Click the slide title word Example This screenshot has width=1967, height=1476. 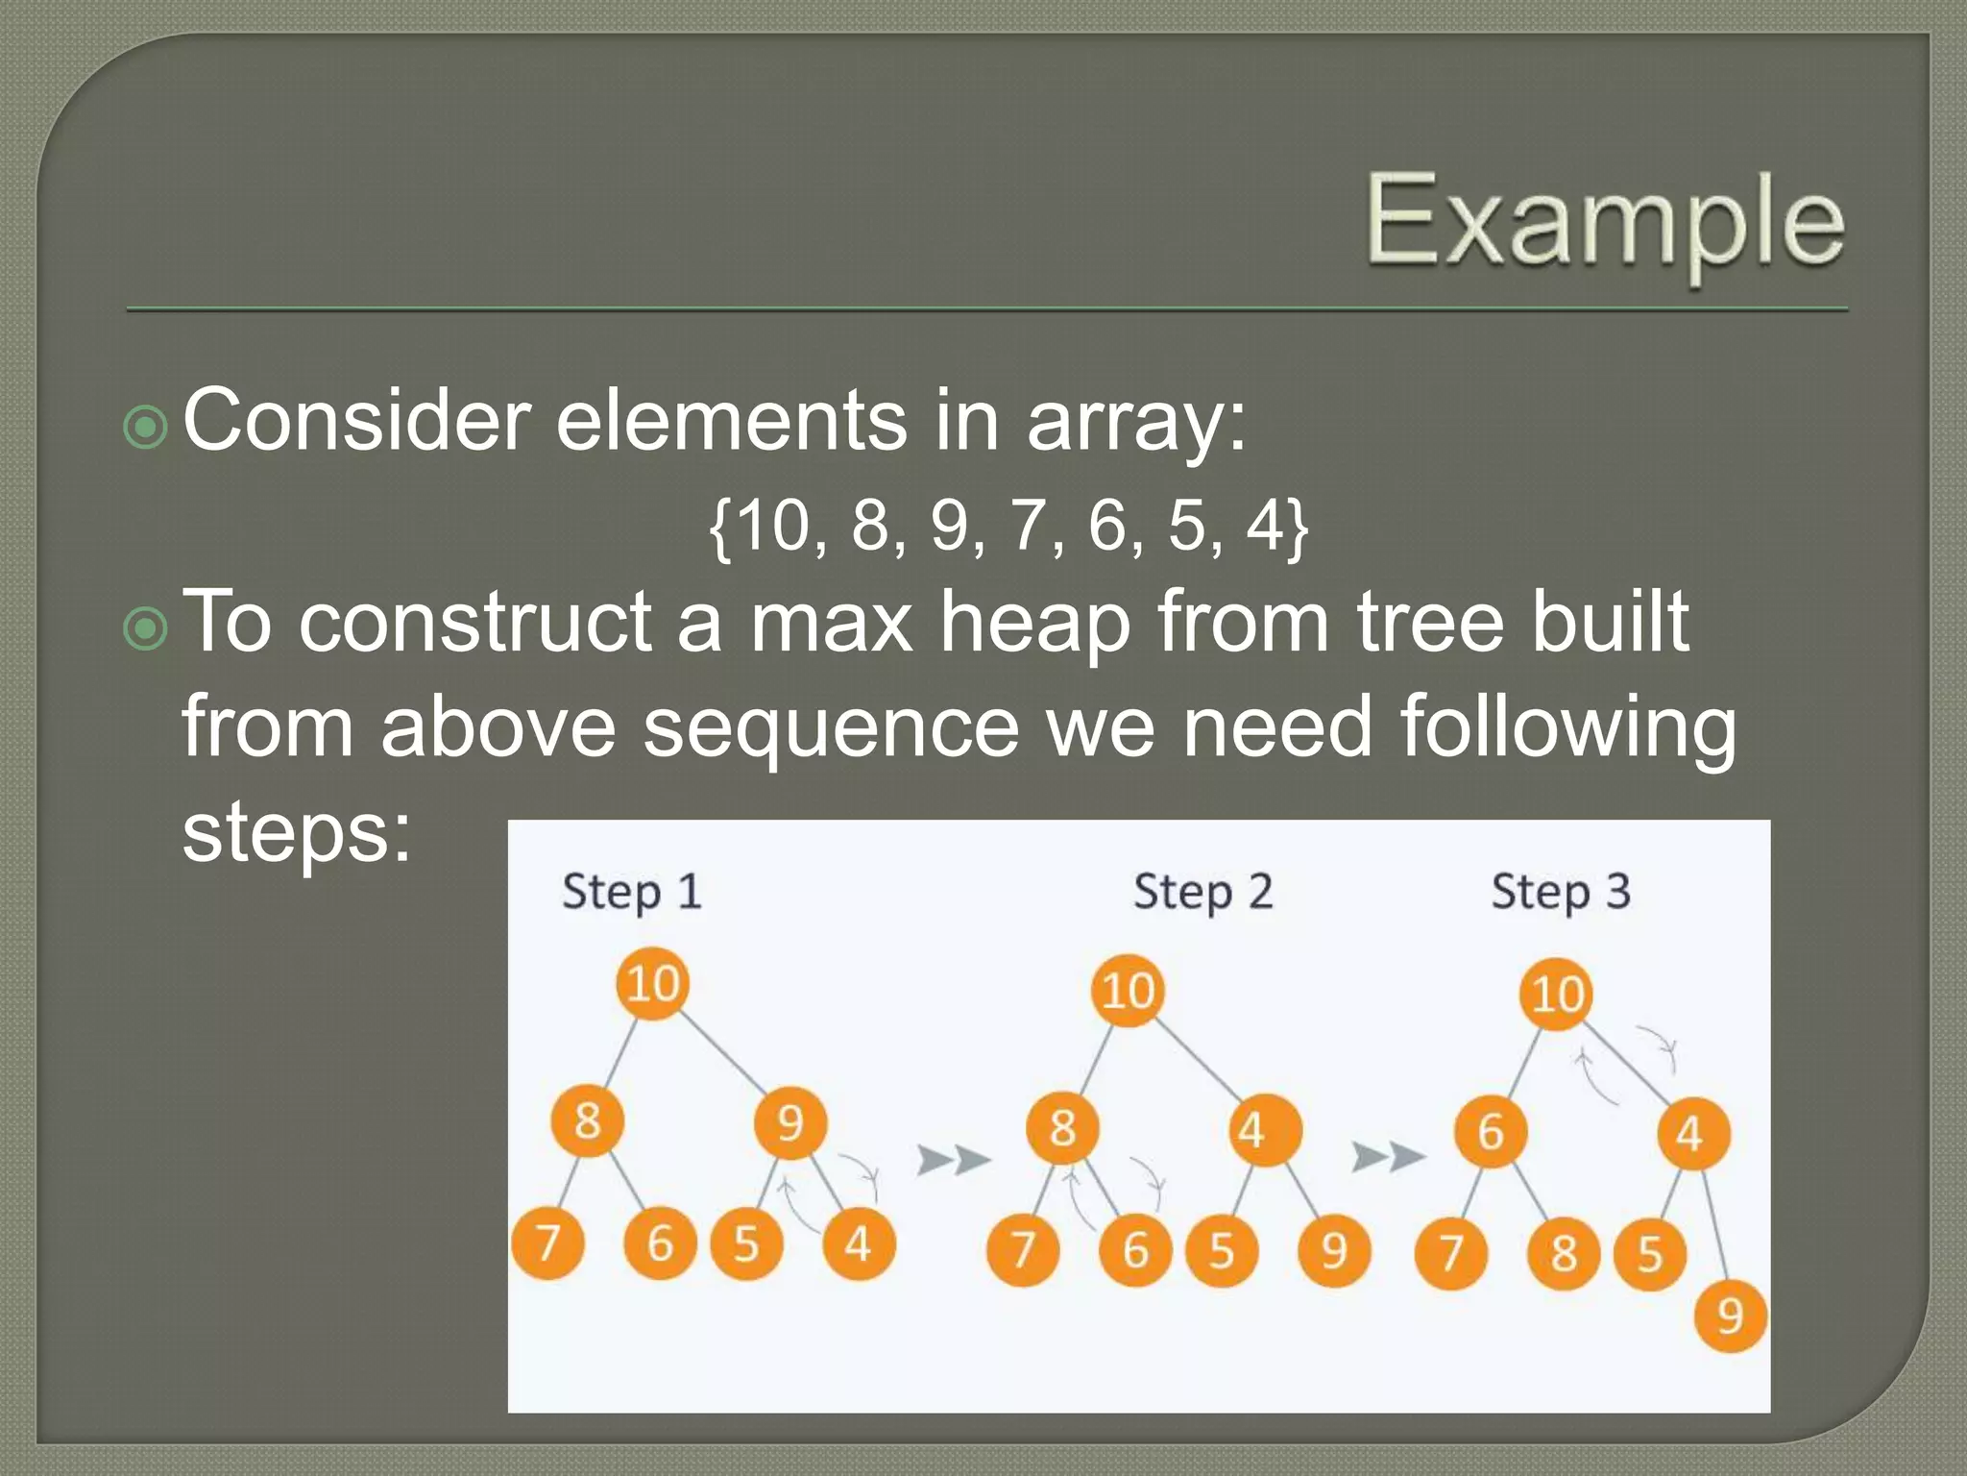coord(1605,223)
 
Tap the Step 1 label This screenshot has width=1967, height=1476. coord(632,892)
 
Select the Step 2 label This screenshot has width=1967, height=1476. coord(1203,892)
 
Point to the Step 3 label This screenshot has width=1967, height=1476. coord(1561,892)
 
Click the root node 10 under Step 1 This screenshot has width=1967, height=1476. coord(653,984)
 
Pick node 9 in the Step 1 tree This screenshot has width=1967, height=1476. coord(789,1122)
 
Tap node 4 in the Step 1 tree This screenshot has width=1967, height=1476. coord(859,1243)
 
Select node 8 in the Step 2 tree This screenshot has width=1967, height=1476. coord(1062,1128)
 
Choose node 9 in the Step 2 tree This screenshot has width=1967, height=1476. coord(1333,1250)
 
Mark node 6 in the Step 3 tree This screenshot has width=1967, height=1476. coord(1491,1132)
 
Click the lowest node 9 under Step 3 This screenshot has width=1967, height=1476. coord(1730,1316)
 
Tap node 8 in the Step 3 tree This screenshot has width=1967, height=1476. coord(1564,1253)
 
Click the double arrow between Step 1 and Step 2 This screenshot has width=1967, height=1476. coord(953,1160)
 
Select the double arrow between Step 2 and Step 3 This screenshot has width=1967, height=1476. coord(1387,1156)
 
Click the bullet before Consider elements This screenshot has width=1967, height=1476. coord(146,427)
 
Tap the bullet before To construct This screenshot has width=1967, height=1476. coord(146,629)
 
